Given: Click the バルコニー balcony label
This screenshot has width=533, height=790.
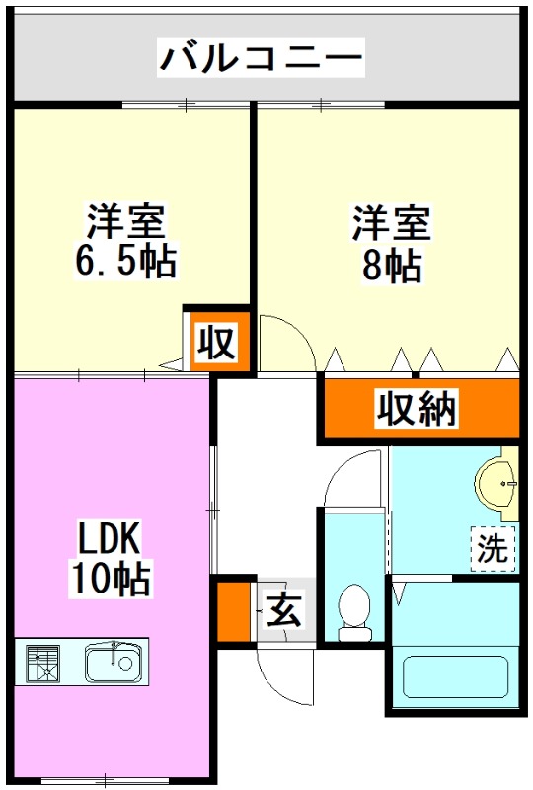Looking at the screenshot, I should (262, 58).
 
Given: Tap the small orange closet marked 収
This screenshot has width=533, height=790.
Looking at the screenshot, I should (216, 344).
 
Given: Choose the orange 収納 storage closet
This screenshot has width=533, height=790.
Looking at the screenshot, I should (417, 408).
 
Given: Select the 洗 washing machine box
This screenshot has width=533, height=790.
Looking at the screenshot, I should (492, 549).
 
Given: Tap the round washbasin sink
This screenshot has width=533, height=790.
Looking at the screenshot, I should (499, 484).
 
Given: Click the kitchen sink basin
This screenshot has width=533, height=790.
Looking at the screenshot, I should (114, 663).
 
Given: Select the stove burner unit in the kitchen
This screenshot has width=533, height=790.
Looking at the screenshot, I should (41, 663).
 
